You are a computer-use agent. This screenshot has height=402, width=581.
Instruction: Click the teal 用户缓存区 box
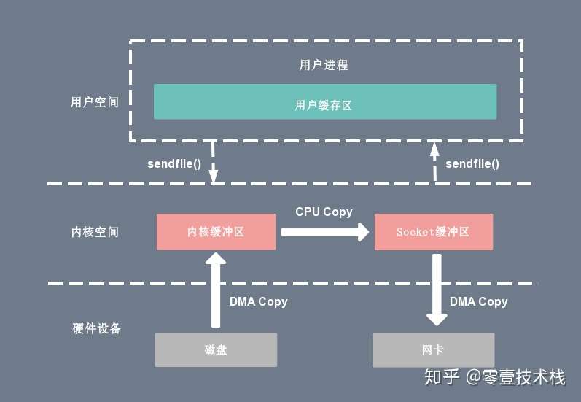tap(325, 101)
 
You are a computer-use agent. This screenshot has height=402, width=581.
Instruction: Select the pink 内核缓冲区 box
tap(216, 232)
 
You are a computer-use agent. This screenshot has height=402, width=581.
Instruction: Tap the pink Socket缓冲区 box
tap(434, 232)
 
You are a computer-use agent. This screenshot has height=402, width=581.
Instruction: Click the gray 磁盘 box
tap(216, 349)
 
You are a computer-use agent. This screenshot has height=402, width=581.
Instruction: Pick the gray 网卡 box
tap(433, 349)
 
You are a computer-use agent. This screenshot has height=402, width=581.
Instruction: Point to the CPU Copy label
tap(324, 212)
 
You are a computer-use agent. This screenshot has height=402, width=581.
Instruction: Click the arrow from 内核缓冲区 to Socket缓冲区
tap(325, 232)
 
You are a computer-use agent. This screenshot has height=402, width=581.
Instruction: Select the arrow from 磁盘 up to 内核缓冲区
tap(216, 290)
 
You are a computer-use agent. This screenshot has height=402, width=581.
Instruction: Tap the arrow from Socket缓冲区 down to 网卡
tap(437, 290)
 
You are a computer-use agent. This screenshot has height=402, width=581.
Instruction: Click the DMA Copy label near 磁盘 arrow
tap(258, 301)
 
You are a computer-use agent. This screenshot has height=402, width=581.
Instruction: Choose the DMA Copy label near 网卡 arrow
tap(478, 301)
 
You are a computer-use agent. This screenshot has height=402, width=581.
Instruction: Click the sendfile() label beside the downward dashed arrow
tap(174, 163)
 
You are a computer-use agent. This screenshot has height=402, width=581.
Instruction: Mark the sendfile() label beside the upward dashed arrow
tap(472, 163)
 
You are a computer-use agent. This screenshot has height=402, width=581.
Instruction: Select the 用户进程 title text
tap(324, 65)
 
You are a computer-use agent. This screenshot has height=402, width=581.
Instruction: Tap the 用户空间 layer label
tap(95, 102)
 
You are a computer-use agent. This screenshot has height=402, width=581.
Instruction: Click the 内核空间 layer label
tap(95, 232)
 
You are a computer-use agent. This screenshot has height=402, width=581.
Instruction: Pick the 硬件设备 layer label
tap(96, 328)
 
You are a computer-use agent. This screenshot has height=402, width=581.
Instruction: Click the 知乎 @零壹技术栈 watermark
tap(495, 377)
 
